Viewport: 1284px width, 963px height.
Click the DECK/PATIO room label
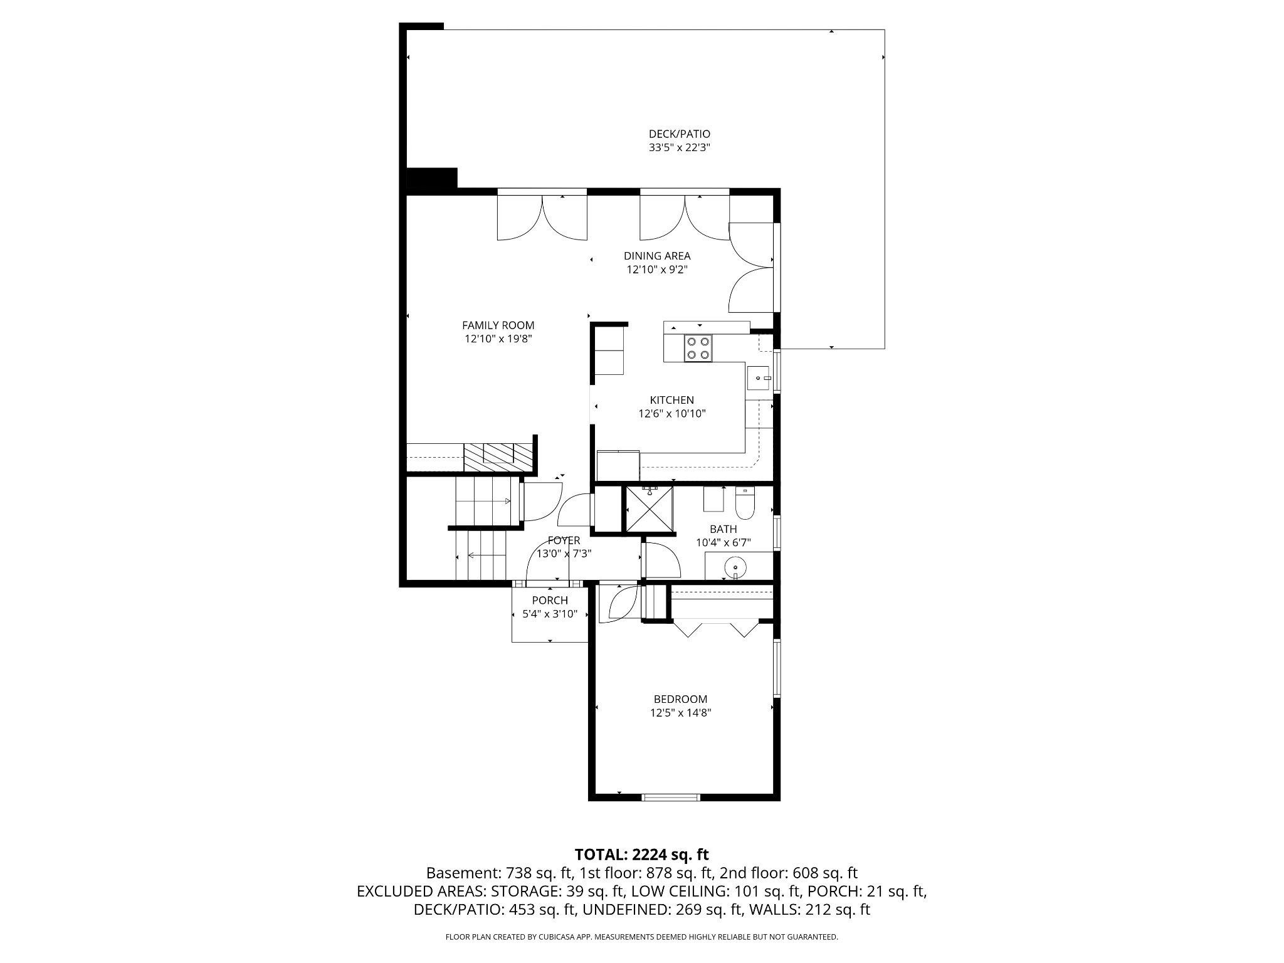click(679, 134)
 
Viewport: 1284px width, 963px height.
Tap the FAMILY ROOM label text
click(498, 325)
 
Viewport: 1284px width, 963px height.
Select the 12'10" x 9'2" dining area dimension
click(656, 270)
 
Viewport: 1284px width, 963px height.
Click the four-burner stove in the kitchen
click(698, 349)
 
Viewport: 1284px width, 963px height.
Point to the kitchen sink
click(759, 379)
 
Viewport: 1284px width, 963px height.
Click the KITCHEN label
click(671, 400)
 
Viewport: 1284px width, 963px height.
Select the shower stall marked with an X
click(650, 510)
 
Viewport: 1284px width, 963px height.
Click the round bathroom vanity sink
click(735, 568)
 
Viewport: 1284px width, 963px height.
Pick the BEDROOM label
click(680, 699)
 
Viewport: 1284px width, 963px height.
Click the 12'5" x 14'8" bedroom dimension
click(680, 713)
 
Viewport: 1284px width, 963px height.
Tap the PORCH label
click(550, 601)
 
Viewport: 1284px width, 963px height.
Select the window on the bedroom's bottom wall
click(670, 797)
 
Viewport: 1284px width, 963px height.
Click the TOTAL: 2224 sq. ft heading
click(641, 855)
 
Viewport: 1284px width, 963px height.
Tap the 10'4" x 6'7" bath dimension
click(724, 543)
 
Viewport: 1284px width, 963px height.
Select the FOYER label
click(564, 540)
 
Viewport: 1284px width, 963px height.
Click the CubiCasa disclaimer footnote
click(641, 937)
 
